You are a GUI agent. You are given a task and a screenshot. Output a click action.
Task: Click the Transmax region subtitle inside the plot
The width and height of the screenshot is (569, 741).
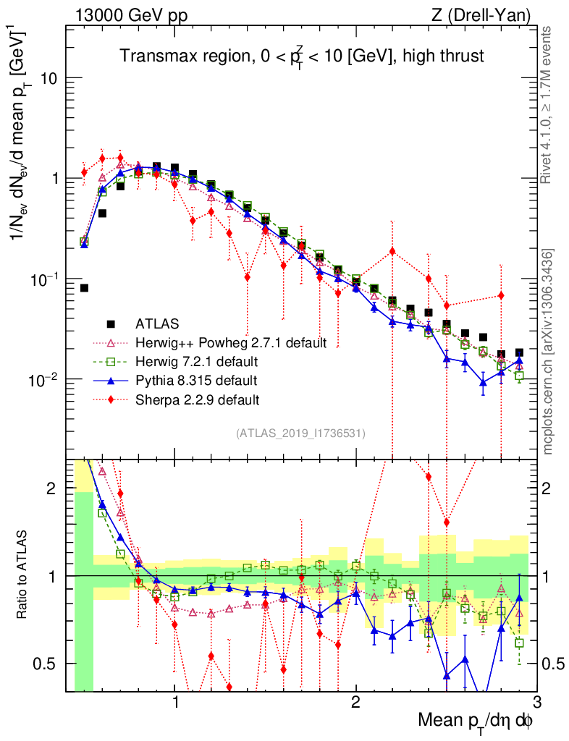click(302, 56)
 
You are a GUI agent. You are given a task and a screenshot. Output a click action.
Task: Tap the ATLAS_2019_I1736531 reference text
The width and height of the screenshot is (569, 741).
click(300, 433)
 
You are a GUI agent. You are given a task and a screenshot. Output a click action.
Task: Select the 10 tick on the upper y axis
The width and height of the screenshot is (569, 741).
click(51, 78)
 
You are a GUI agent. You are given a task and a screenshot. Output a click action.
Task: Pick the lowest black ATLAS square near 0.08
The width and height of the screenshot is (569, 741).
click(84, 288)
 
